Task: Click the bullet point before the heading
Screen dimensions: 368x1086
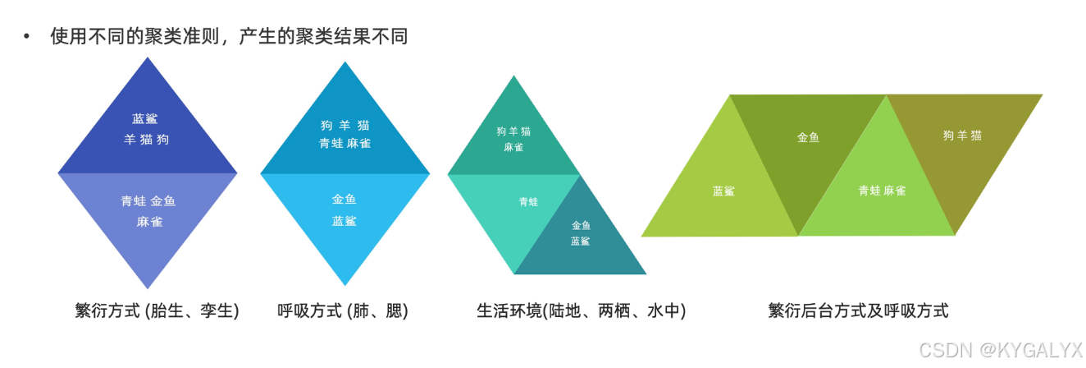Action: pyautogui.click(x=27, y=37)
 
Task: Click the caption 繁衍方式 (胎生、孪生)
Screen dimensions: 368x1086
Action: pyautogui.click(x=157, y=311)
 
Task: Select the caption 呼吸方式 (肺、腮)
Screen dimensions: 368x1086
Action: pyautogui.click(x=343, y=311)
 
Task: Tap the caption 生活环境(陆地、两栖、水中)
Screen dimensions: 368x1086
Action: pyautogui.click(x=581, y=311)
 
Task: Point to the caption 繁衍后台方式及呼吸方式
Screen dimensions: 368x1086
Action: pyautogui.click(x=858, y=311)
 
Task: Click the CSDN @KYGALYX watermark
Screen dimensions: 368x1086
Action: pyautogui.click(x=1000, y=351)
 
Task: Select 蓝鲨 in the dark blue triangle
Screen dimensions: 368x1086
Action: pyautogui.click(x=145, y=119)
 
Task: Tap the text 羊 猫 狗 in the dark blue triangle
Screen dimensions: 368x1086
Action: pyautogui.click(x=147, y=140)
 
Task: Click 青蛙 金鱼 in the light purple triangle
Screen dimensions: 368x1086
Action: pyautogui.click(x=148, y=201)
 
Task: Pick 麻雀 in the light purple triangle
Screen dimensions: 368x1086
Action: pyautogui.click(x=150, y=222)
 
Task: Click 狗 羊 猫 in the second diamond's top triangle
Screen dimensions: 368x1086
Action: pyautogui.click(x=345, y=126)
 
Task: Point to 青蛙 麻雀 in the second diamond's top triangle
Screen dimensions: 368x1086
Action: pyautogui.click(x=345, y=144)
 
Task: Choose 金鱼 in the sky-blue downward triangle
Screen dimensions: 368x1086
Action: pyautogui.click(x=345, y=200)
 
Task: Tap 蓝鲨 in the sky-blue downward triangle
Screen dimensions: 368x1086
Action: pyautogui.click(x=345, y=221)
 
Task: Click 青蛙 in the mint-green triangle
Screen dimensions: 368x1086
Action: pyautogui.click(x=528, y=202)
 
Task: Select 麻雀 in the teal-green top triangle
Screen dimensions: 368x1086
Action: pyautogui.click(x=513, y=148)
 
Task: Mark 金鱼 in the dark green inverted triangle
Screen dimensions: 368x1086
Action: pyautogui.click(x=808, y=138)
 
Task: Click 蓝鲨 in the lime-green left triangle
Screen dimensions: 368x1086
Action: pyautogui.click(x=723, y=191)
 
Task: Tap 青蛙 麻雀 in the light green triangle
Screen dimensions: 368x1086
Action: pyautogui.click(x=882, y=191)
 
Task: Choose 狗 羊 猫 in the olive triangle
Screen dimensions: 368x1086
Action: pyautogui.click(x=962, y=136)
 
